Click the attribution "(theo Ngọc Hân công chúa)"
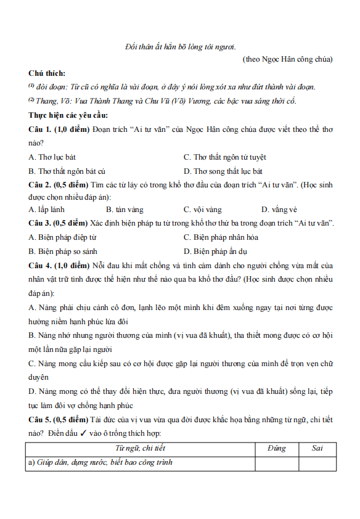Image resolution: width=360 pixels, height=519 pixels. [x=288, y=59]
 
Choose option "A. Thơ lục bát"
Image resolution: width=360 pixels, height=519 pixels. [x=52, y=157]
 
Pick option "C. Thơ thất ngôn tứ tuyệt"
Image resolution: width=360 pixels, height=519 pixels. [x=224, y=157]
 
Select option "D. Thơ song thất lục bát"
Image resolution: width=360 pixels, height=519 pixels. [x=223, y=171]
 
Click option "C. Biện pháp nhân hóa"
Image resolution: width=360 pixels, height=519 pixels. [x=221, y=237]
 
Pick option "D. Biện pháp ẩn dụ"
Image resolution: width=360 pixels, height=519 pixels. [x=215, y=251]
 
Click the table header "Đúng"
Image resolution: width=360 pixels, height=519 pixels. [x=277, y=448]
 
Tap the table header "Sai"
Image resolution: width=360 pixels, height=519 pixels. [x=317, y=448]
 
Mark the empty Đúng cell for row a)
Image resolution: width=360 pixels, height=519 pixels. [x=277, y=463]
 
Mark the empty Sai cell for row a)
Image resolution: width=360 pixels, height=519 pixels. [x=317, y=463]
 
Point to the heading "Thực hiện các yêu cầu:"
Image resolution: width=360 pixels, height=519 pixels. [x=68, y=115]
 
